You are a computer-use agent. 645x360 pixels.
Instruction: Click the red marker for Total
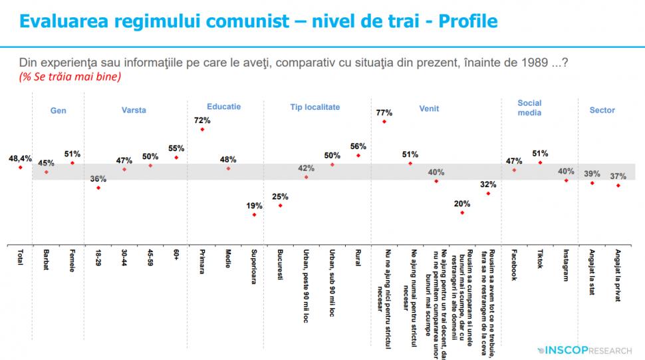coord(21,168)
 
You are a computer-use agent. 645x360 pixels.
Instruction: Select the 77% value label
coord(384,112)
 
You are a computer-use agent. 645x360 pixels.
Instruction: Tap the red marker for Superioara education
coord(254,214)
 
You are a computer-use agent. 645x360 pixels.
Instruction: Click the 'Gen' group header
coord(59,110)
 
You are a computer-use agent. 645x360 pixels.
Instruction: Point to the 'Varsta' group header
coord(134,110)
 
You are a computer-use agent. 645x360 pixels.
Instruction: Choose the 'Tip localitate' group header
coord(315,106)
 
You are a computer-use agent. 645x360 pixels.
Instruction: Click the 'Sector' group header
coord(602,110)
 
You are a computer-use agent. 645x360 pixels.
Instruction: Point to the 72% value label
coord(203,120)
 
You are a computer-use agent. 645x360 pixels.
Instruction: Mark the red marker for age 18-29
coord(98,188)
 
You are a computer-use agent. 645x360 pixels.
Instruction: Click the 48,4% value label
coord(20,158)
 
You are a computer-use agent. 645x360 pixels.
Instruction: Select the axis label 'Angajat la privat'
coord(618,276)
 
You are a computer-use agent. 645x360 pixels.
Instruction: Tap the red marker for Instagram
coord(566,180)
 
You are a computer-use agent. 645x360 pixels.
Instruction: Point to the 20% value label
coord(462,204)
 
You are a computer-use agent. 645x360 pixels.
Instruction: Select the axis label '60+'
coord(176,256)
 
